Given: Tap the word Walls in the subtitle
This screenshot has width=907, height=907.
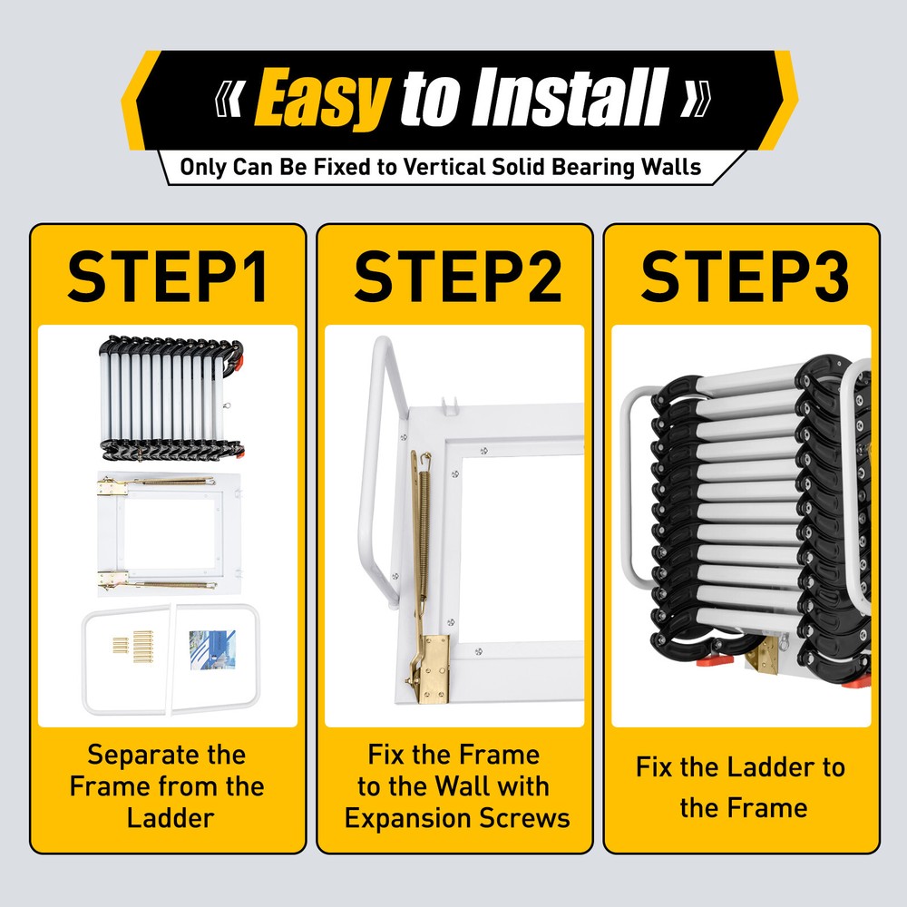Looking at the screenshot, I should pos(670,167).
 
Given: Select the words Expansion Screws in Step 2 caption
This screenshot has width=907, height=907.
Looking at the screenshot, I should pos(457,818).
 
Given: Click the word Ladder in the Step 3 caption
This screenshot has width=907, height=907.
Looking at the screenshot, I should pos(766,767).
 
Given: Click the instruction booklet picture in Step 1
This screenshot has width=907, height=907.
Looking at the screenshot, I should pos(212,649).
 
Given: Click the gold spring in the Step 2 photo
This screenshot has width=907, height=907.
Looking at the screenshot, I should pos(424,526).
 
